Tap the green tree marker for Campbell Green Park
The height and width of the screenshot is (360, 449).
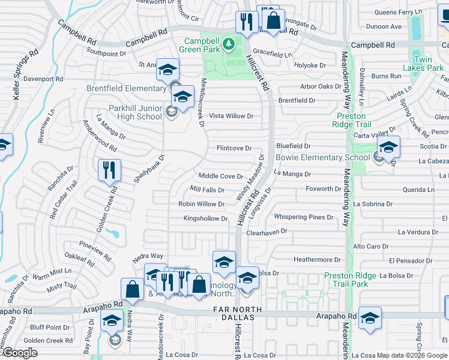[229, 43]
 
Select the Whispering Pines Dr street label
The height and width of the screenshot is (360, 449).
[303, 217]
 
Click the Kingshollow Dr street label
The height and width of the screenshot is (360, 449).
[205, 218]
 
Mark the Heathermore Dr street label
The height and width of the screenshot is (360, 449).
[317, 260]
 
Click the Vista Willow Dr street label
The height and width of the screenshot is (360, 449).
[231, 116]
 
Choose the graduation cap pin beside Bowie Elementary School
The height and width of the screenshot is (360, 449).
[388, 147]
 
